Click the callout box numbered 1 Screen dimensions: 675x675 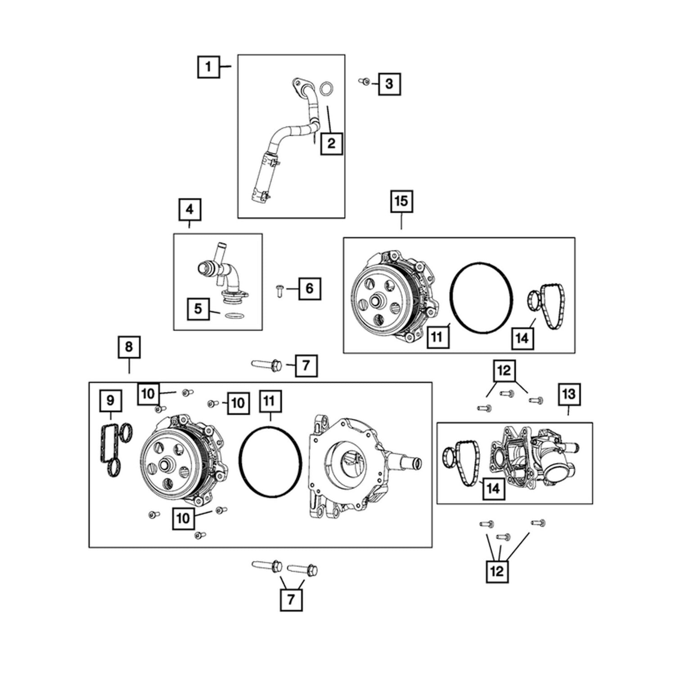tap(208, 67)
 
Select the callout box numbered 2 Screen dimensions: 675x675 tap(332, 144)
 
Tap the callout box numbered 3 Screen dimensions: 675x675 tap(389, 84)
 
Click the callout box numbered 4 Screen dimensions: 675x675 tap(189, 209)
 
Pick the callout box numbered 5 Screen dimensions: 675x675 tap(198, 309)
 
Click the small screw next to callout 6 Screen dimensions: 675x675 tap(279, 290)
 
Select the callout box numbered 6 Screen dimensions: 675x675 tap(309, 288)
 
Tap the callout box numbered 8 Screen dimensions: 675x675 tap(129, 347)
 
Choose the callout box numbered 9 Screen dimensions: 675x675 tap(110, 400)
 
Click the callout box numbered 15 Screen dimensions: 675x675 tap(401, 201)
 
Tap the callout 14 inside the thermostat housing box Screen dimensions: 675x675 tap(493, 488)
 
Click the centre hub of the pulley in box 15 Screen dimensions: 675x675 tap(375, 301)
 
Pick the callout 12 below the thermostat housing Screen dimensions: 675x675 tap(497, 571)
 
